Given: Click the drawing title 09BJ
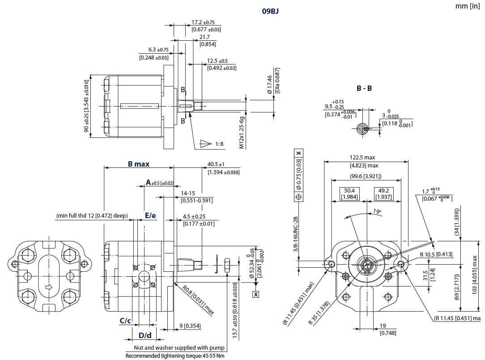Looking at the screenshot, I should pos(270,12).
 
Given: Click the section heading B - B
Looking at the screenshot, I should pos(364,89).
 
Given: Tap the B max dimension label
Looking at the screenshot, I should pos(139,164).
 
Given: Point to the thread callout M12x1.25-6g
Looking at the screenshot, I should pos(242,133).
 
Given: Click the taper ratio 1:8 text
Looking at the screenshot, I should pos(219,144).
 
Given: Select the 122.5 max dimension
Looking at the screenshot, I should pos(362,157).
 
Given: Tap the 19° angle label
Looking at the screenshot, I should pos(376,211).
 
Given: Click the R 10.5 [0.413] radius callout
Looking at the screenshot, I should pos(436,254).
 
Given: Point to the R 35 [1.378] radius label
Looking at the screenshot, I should pos(318,313).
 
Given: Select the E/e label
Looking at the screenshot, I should pos(150,216).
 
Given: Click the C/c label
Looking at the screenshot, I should pos(125,321).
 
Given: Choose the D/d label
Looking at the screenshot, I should pos(145,335).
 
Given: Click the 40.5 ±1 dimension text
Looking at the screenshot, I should pos(216,164).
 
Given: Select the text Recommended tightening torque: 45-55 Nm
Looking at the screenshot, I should pos(174,356).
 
